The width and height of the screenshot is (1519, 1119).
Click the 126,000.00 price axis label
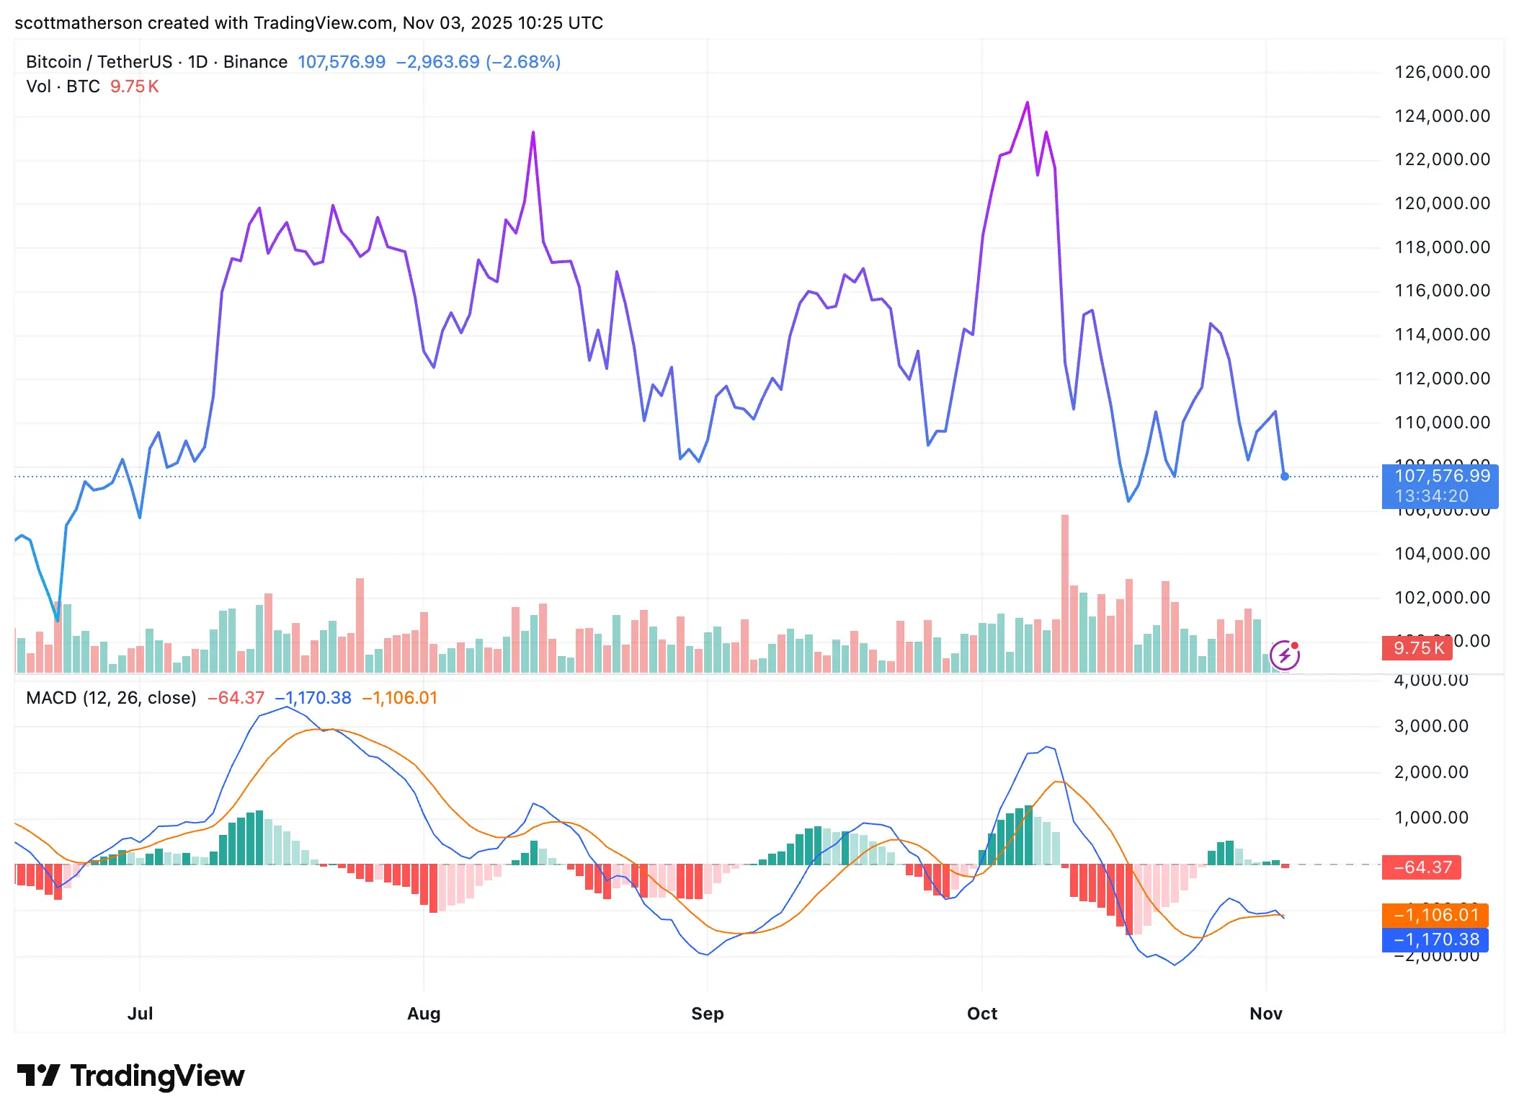[1441, 72]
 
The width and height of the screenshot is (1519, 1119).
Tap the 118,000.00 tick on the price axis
[1441, 247]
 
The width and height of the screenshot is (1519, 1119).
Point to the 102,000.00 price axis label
[1441, 598]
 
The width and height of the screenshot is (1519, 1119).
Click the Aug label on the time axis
[424, 1013]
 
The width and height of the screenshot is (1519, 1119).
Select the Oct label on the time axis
[981, 1013]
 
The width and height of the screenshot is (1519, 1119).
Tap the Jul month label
[140, 1013]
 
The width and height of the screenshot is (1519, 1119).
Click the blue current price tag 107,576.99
[1440, 477]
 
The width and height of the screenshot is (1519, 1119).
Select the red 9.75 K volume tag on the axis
[1417, 648]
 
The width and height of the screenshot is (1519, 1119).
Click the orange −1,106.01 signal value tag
[1435, 915]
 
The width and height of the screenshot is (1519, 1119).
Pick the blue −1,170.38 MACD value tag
[1435, 939]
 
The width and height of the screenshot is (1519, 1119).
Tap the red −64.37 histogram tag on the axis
[1422, 867]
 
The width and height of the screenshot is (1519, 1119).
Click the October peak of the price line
[1028, 103]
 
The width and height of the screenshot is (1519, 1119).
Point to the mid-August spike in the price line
[533, 133]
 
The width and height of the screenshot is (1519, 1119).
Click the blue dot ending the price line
[1285, 477]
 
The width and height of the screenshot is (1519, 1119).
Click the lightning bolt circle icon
[1284, 655]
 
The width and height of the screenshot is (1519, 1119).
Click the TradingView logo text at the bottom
[157, 1076]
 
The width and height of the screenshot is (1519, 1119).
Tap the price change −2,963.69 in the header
[438, 62]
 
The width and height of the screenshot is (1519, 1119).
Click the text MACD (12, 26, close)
[111, 698]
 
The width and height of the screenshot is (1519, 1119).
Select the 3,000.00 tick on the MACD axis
[1430, 726]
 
